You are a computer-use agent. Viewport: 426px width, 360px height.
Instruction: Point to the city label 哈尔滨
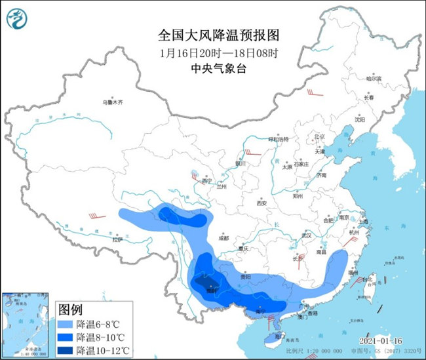(374, 79)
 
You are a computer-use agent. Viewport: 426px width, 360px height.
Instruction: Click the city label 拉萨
(117, 240)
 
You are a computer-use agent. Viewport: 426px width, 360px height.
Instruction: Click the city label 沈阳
(359, 119)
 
